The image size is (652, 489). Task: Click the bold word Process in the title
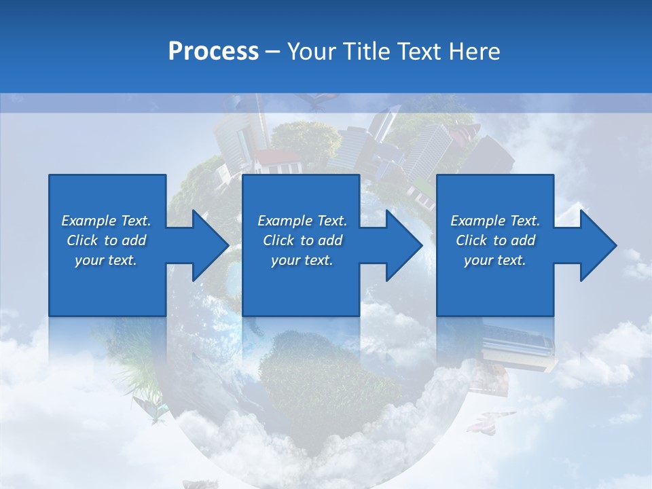(x=213, y=52)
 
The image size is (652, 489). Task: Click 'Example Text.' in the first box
(x=106, y=221)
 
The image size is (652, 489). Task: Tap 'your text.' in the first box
(x=106, y=260)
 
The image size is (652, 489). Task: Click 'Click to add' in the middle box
(x=302, y=240)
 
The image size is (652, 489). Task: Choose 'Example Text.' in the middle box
(x=302, y=221)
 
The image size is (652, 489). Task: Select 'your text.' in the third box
(x=495, y=260)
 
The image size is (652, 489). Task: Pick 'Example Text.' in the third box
(x=495, y=221)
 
